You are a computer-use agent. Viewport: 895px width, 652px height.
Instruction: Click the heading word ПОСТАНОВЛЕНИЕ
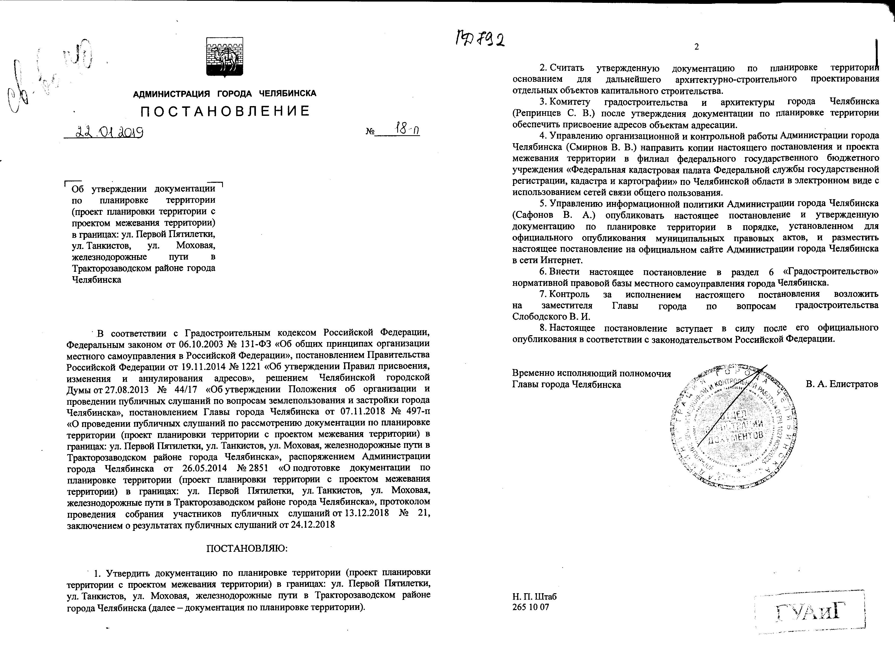(x=225, y=111)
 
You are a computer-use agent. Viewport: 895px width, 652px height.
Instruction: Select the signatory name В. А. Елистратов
(x=842, y=384)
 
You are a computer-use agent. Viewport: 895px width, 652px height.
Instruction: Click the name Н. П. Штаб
(x=534, y=596)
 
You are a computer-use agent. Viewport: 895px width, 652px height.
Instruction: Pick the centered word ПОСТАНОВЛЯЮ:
(x=247, y=549)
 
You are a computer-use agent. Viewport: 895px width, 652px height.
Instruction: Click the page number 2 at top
(x=697, y=47)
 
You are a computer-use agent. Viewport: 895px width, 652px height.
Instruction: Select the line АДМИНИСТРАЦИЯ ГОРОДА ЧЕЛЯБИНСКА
(x=224, y=94)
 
